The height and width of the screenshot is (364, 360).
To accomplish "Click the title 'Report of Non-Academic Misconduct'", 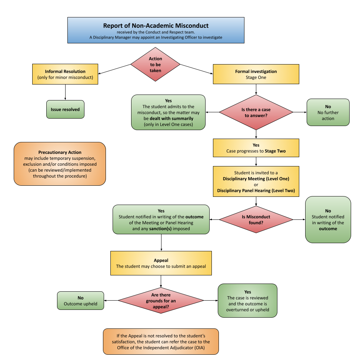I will (156, 26).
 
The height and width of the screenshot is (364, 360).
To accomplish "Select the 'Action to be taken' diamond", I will (155, 64).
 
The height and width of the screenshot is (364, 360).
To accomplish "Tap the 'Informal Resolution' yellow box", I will (65, 74).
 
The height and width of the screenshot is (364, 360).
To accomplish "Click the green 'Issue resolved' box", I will (65, 110).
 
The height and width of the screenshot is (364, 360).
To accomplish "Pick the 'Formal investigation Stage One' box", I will (256, 74).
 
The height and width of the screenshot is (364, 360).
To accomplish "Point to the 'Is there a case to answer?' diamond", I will (256, 112).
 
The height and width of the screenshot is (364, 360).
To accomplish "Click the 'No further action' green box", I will (328, 112).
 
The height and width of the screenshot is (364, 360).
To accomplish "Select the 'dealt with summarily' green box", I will (168, 112).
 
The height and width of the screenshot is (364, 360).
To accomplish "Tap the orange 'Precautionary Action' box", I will (60, 164).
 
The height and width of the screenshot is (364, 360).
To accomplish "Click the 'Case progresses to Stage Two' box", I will (256, 148).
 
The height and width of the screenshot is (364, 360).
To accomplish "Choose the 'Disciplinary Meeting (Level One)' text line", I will (256, 179).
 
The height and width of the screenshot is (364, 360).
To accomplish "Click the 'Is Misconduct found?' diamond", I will (256, 220).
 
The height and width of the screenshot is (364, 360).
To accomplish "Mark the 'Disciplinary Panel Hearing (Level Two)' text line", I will (256, 191).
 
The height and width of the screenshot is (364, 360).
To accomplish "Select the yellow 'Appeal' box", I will (161, 263).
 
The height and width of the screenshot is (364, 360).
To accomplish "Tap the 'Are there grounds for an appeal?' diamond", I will (161, 301).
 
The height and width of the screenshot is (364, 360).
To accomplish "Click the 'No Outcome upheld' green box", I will (80, 301).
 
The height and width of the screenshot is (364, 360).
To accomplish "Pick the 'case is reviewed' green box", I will (247, 301).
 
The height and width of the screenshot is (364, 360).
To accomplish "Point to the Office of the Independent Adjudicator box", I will (161, 341).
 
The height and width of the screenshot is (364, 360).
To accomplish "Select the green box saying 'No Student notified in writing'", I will (328, 220).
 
